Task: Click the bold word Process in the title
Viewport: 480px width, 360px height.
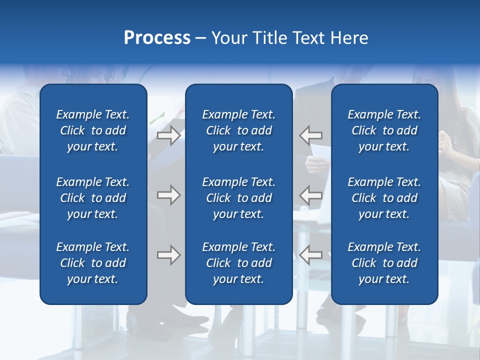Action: point(157,38)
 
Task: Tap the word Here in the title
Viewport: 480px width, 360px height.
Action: point(349,38)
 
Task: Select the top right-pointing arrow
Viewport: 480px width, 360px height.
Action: point(168,135)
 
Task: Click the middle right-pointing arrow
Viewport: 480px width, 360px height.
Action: point(168,195)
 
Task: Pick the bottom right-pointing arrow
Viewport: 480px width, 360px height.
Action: point(168,255)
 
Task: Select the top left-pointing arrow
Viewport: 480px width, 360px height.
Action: point(310,135)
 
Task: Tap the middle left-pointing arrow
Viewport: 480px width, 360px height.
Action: point(310,195)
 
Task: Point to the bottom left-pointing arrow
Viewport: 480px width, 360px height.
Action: point(310,255)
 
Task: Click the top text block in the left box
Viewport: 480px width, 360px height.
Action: point(93,130)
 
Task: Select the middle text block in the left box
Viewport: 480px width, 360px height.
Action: point(93,198)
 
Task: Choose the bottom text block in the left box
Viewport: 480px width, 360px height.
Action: point(93,263)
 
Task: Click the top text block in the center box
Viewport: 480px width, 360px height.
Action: point(238,130)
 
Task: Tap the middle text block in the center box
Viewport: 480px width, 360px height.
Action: point(238,198)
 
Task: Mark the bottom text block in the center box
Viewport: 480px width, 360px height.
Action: point(238,263)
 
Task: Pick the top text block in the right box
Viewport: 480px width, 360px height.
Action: point(384,130)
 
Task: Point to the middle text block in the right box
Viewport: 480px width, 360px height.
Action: point(384,198)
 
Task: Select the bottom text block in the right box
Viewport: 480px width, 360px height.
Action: point(384,263)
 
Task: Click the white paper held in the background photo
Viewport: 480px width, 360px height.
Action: point(319,150)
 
